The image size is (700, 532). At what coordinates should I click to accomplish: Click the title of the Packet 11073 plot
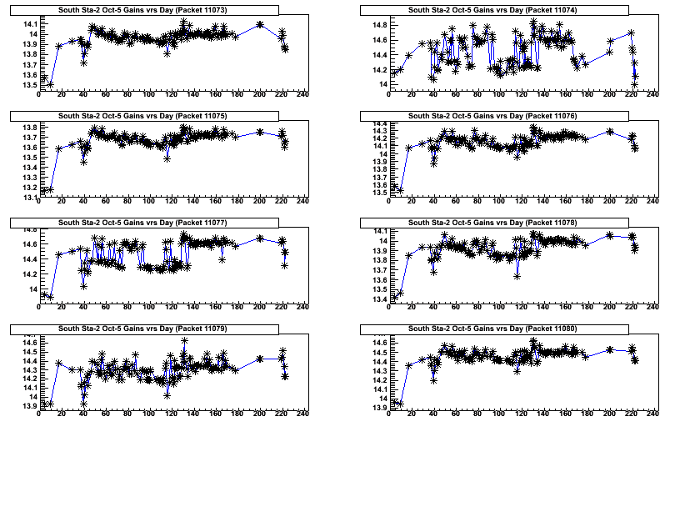pos(157,9)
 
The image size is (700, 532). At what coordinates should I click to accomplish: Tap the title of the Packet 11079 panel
pos(157,329)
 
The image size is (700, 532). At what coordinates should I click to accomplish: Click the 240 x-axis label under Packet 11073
pos(302,94)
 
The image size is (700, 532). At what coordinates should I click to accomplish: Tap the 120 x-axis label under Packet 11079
pos(171,414)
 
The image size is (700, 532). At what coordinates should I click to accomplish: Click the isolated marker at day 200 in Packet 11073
pos(260,24)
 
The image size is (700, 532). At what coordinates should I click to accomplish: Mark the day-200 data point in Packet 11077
pos(260,238)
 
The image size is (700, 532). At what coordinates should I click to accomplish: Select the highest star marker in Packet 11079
pos(184,340)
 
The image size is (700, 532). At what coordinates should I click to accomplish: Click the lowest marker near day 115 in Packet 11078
pos(517,275)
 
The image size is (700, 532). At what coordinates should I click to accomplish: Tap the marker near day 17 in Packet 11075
pos(58,148)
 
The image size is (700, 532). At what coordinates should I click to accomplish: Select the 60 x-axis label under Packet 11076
pos(456,201)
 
